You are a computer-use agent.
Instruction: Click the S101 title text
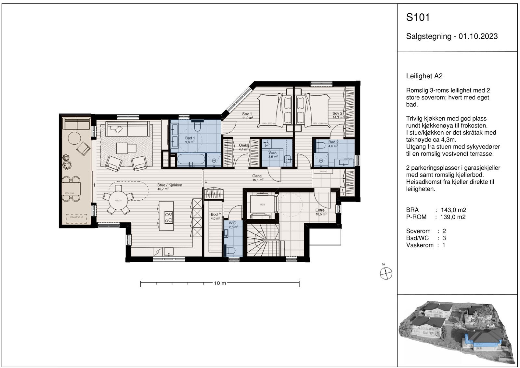[418, 17]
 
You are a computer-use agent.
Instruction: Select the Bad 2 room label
[333, 142]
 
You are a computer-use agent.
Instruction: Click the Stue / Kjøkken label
[170, 185]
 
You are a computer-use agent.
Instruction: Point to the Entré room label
[320, 210]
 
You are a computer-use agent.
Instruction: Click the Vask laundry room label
[272, 152]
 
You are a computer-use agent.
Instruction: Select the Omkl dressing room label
[243, 145]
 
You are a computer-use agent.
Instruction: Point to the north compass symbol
[386, 273]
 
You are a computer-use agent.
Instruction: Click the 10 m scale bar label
[220, 283]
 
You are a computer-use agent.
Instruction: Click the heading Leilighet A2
[424, 76]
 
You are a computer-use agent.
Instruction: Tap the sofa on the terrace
[77, 124]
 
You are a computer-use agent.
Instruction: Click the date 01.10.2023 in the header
[478, 36]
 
